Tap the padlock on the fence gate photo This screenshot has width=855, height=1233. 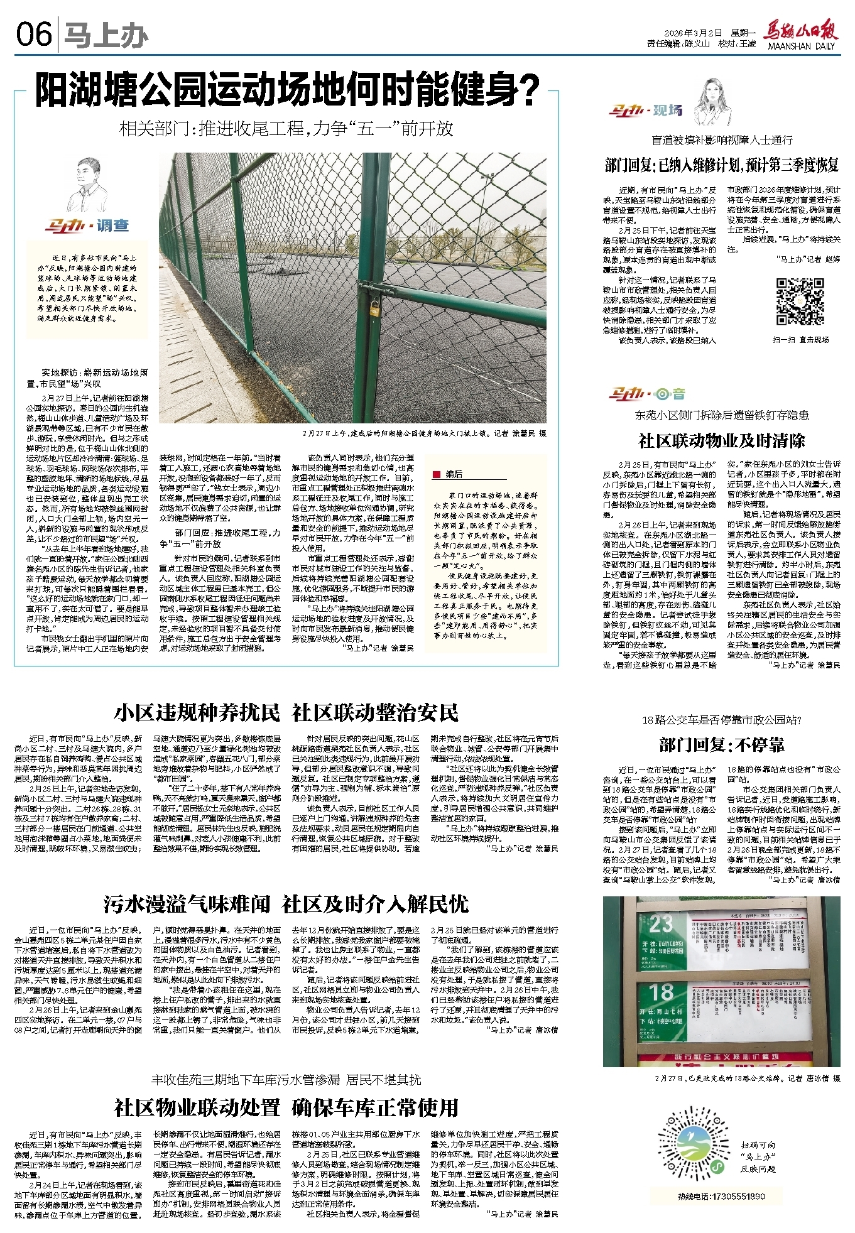(374, 308)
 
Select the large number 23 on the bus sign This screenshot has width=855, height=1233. (661, 924)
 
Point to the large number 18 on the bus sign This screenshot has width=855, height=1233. (662, 993)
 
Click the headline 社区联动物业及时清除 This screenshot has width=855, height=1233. (721, 440)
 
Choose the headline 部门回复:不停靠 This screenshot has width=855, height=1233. (721, 746)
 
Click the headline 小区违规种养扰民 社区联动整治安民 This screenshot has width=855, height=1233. (286, 713)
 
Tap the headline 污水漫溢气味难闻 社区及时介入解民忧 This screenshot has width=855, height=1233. (286, 904)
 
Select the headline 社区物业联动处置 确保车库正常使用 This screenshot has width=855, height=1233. (286, 1107)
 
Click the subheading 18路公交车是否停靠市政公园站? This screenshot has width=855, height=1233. (721, 720)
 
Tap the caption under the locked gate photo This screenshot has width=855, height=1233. (424, 433)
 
